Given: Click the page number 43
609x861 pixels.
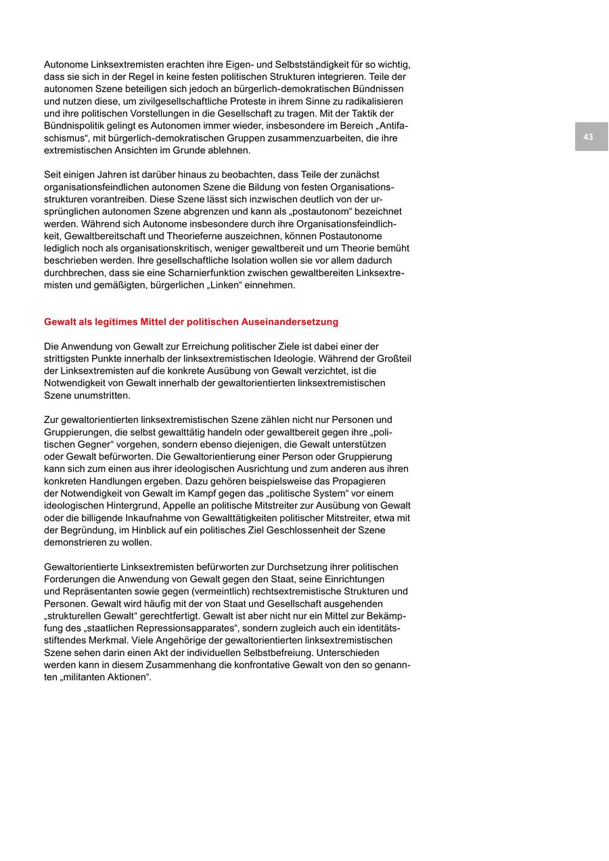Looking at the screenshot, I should [588, 137].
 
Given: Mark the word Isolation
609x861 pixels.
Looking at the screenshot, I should [212, 260].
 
